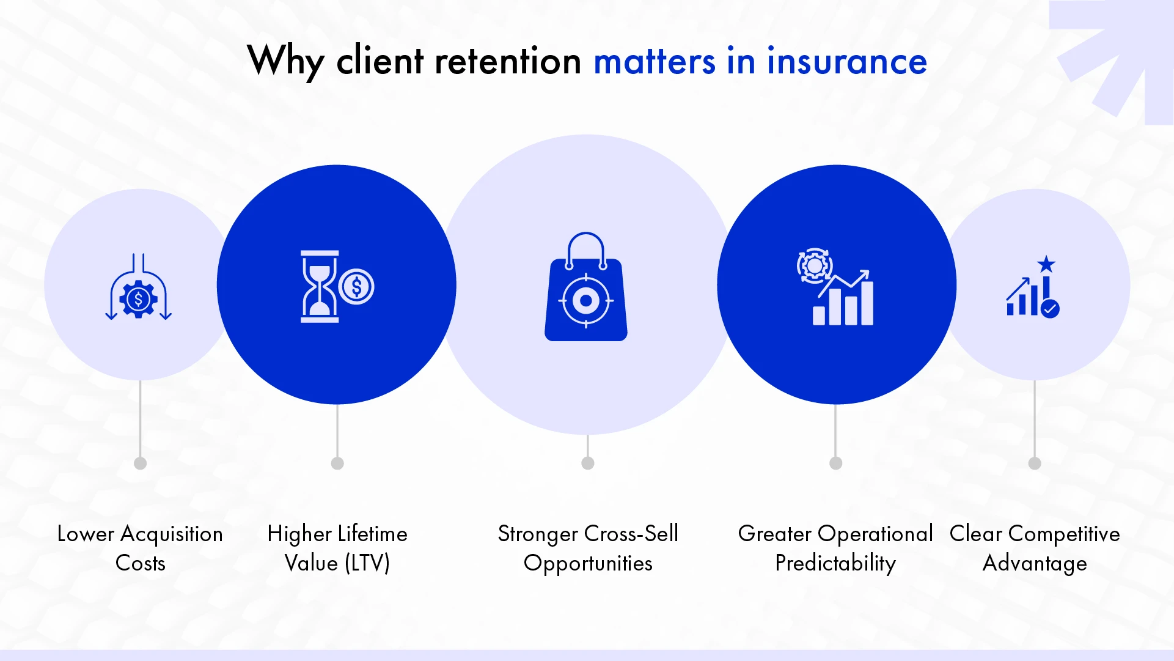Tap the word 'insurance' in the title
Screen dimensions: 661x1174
846,61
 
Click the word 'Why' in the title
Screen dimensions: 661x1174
285,61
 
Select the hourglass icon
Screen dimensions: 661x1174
319,286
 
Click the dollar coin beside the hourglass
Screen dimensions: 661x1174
356,287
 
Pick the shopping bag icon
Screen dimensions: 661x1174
585,287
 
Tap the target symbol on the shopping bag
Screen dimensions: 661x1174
585,300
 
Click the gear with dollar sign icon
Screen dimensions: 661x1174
138,299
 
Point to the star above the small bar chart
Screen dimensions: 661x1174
1046,264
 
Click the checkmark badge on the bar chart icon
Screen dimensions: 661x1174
1050,308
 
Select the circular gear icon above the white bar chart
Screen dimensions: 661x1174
814,265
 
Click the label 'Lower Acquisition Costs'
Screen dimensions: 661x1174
140,548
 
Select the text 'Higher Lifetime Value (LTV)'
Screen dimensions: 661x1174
337,548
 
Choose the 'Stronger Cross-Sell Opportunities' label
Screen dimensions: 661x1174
588,548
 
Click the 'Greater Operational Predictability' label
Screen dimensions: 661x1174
835,548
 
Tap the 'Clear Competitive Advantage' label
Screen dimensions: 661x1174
1035,548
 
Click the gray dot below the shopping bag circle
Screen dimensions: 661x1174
588,463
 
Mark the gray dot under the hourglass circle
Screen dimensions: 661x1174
337,463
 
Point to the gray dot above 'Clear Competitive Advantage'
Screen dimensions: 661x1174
1035,463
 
